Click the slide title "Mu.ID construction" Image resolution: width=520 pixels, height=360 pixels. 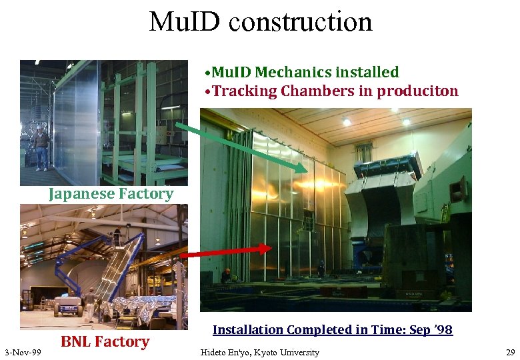point(260,22)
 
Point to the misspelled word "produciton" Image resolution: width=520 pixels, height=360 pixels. point(417,91)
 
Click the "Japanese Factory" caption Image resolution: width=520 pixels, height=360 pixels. point(111,194)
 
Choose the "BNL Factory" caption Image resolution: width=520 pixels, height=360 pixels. point(105,341)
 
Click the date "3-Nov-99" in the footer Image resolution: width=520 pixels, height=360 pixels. point(23,352)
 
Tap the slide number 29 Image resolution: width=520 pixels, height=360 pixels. point(510,352)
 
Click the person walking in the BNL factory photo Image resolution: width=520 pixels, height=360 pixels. point(90,303)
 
